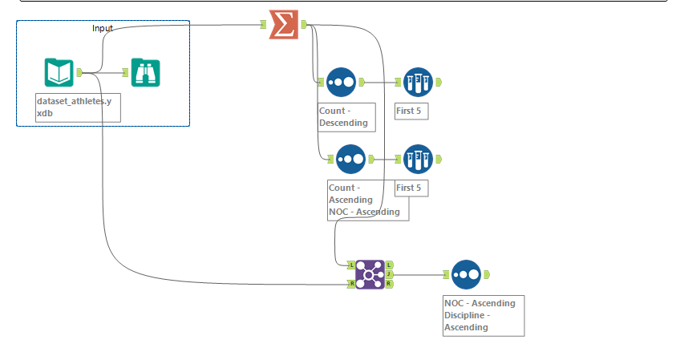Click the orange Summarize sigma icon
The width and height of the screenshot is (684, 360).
click(282, 25)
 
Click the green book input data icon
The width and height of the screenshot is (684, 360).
click(59, 72)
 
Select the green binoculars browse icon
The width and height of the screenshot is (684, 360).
click(145, 72)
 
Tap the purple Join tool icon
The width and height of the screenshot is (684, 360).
click(370, 274)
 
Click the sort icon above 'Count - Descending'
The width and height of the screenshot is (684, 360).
click(341, 82)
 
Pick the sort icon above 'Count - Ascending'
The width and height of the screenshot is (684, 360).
click(350, 159)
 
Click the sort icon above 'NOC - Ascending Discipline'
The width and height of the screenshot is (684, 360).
click(466, 274)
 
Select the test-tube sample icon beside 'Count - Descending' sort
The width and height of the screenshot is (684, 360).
click(418, 82)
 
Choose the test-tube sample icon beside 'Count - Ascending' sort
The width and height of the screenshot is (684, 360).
click(418, 159)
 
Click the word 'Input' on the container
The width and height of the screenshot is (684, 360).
click(103, 28)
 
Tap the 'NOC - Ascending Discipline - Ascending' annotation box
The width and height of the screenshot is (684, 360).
click(484, 315)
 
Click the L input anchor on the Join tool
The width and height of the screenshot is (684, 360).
click(351, 264)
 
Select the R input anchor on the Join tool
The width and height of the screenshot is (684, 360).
click(351, 284)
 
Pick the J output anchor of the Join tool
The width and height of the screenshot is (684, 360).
click(389, 274)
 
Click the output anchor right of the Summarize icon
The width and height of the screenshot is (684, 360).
click(304, 25)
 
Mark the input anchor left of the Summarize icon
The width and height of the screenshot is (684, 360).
click(262, 25)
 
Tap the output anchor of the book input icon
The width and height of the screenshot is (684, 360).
click(79, 72)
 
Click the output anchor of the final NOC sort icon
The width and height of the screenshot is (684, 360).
click(486, 274)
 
